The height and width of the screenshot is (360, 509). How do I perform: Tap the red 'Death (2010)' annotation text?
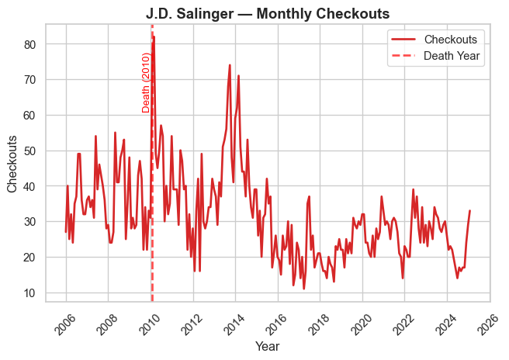(x=146, y=82)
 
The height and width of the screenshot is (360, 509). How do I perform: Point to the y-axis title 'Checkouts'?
(x=12, y=163)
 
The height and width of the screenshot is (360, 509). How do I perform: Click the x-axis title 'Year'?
(x=268, y=346)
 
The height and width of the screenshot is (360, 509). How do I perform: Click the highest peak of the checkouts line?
(x=154, y=36)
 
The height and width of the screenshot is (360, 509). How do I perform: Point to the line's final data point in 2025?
(x=469, y=211)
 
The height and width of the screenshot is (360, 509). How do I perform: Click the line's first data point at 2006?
(x=66, y=232)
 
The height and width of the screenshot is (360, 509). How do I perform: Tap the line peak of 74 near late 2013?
(x=230, y=65)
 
